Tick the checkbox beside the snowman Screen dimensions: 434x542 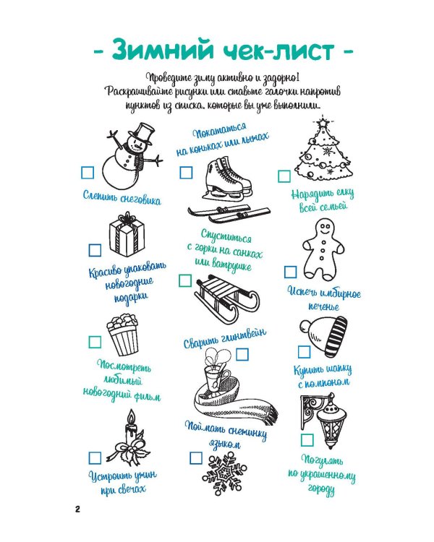point(88,173)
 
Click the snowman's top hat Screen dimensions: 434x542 point(141,134)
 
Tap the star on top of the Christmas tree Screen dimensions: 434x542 point(323,122)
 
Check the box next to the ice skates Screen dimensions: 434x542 point(186,173)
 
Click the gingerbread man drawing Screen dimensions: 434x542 point(323,249)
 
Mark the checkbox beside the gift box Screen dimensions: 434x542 point(95,250)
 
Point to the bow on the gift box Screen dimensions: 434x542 point(127,218)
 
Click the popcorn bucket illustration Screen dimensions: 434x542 point(122,335)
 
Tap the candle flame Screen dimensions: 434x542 point(131,416)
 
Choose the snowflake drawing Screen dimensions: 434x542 point(224,475)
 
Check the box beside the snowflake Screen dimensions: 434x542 point(196,458)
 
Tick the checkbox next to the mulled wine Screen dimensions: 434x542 point(242,355)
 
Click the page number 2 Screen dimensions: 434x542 point(77,509)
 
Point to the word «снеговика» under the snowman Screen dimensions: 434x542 point(140,199)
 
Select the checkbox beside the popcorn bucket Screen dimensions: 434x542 point(95,342)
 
